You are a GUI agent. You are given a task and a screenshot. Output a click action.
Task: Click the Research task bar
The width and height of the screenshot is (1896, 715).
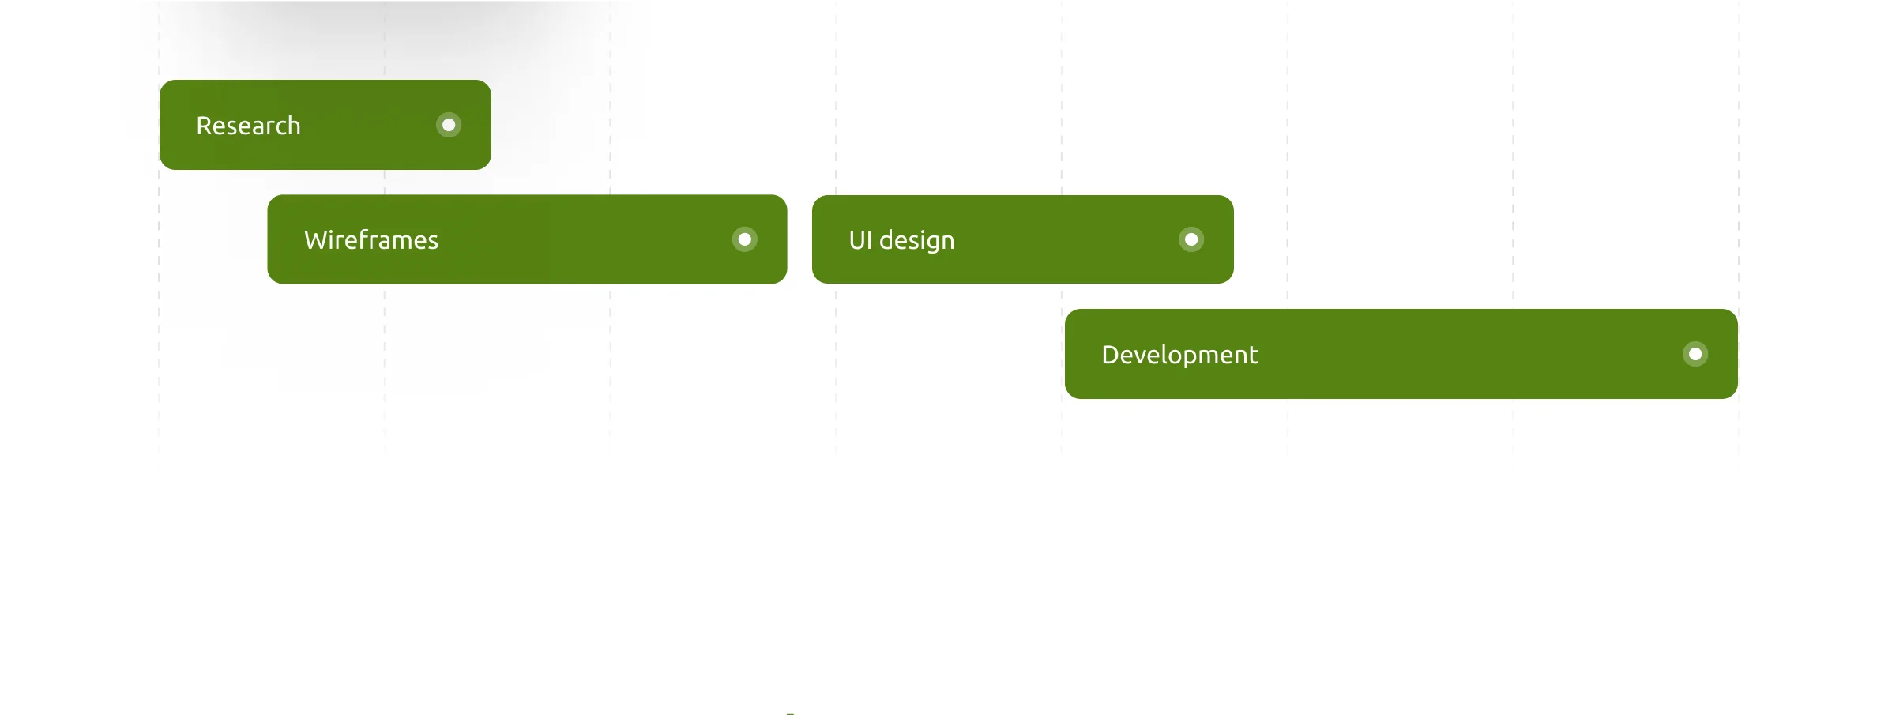coord(325,125)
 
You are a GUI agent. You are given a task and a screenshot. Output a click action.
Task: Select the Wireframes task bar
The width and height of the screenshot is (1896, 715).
coord(527,239)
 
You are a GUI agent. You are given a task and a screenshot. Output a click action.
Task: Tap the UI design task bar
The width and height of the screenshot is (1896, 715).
coord(1023,239)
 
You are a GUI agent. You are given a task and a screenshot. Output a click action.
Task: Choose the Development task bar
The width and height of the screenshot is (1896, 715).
coord(1401,354)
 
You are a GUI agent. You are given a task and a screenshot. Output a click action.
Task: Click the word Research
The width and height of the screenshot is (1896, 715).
coord(248,126)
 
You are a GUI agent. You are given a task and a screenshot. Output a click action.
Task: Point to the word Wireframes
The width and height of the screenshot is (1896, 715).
coord(371,240)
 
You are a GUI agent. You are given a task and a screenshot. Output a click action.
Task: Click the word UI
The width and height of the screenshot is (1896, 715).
coord(860,240)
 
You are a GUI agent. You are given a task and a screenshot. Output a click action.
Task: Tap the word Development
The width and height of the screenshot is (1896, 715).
coord(1179,355)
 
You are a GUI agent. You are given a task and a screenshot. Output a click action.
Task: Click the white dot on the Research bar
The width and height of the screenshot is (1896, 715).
coord(449,125)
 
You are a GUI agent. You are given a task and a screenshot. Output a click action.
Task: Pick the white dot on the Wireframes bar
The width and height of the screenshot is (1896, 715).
coord(745,239)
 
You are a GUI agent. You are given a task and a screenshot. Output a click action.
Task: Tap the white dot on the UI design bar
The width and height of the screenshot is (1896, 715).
coord(1191,239)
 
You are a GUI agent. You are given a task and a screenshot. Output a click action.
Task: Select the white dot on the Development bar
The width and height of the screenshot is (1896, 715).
coord(1695,354)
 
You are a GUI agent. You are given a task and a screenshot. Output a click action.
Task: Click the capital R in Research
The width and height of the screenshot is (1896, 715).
coord(205,126)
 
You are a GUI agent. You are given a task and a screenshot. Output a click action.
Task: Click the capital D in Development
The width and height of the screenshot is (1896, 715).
coord(1112,355)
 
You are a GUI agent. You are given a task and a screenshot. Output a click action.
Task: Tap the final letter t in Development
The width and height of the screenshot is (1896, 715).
coord(1253,356)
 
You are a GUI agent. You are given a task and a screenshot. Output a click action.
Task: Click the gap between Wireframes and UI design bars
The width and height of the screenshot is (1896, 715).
coord(799,239)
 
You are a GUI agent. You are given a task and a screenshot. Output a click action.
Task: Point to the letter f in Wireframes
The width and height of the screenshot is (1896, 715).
coord(362,239)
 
